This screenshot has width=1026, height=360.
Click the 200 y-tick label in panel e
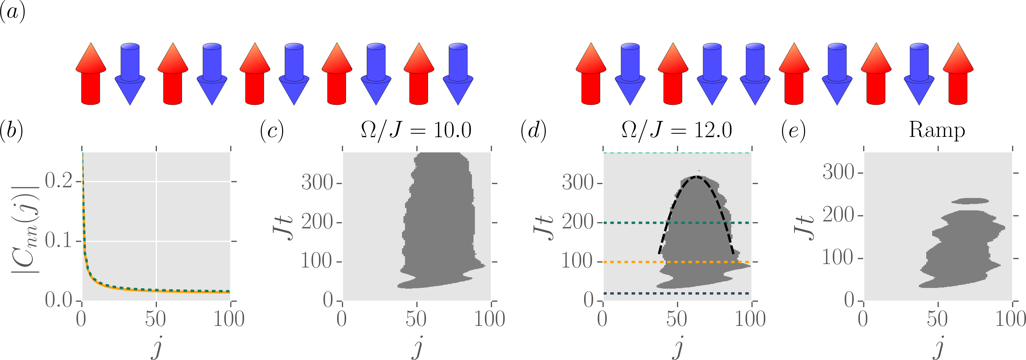pos(838,215)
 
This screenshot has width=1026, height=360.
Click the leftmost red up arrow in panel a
pos(91,74)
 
